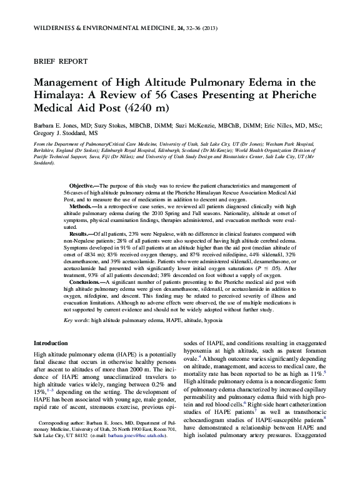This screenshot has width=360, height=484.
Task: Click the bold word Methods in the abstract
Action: [x=79, y=206]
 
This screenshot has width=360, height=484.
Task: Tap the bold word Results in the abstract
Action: [x=79, y=232]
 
